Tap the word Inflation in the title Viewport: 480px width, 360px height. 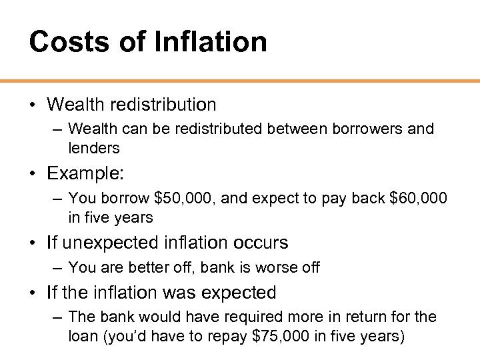coord(211,41)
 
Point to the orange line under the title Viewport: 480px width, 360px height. coord(240,81)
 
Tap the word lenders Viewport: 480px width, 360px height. coord(94,148)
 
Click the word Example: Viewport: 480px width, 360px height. coord(85,173)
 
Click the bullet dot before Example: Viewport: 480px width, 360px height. coord(33,174)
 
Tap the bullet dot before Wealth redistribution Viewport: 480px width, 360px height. coord(33,105)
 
